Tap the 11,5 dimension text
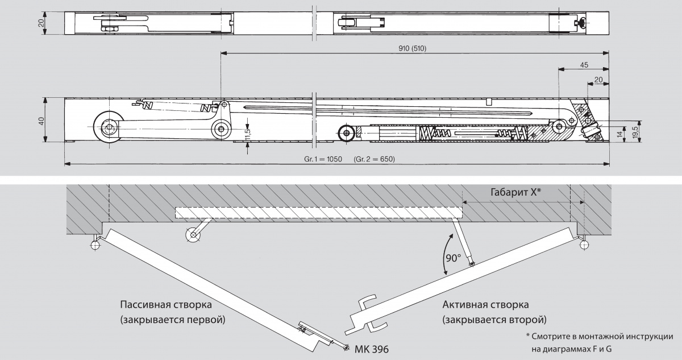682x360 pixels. click(x=248, y=132)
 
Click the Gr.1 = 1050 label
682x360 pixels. click(x=322, y=159)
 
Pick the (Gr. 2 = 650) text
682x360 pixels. click(x=374, y=159)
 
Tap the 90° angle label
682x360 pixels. click(x=452, y=257)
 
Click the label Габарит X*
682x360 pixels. click(x=515, y=192)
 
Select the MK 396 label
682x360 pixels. click(x=373, y=348)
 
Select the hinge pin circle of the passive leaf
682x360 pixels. click(x=94, y=245)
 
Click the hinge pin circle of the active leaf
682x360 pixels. click(x=584, y=245)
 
